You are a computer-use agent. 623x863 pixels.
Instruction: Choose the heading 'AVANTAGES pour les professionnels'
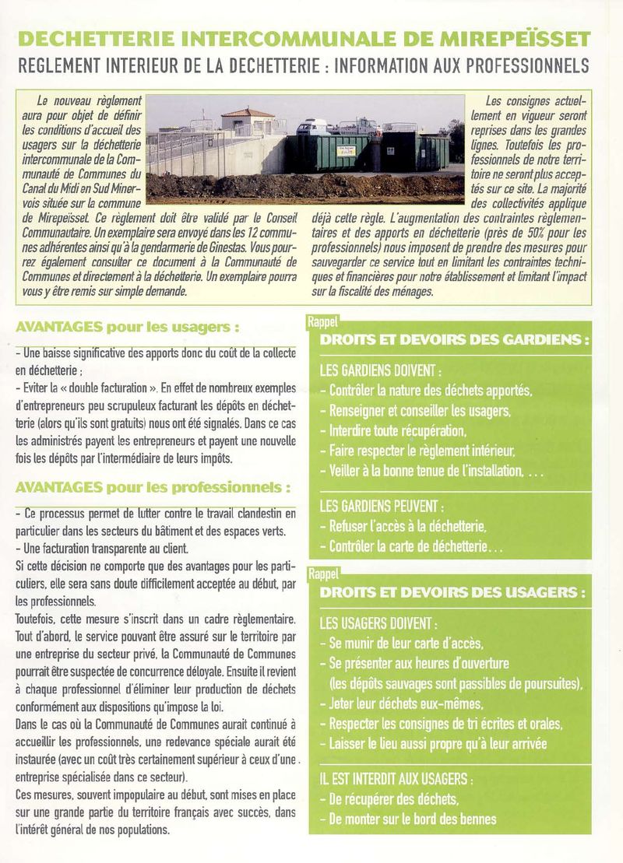pos(153,488)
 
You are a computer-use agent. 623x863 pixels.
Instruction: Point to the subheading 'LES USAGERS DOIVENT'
pos(378,623)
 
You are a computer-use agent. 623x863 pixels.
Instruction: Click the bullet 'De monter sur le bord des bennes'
pos(412,819)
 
